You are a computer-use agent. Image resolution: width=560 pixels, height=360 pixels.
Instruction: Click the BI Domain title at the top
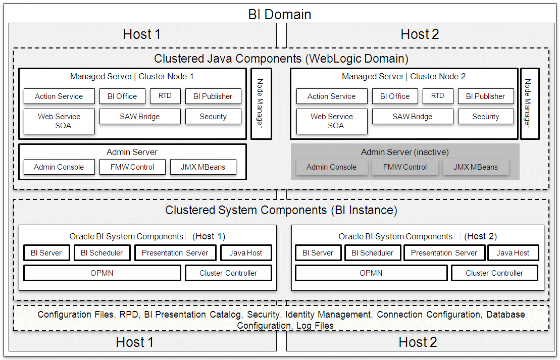coord(280,14)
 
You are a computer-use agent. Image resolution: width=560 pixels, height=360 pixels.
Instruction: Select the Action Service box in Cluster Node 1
coord(59,96)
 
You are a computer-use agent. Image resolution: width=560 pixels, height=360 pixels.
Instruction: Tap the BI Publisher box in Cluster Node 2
coord(485,96)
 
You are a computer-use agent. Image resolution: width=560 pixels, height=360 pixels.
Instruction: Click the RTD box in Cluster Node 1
coord(165,96)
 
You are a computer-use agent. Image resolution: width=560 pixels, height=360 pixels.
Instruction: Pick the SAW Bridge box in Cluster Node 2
coord(412,117)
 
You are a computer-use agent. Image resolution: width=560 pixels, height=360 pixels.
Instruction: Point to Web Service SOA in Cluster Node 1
coord(59,121)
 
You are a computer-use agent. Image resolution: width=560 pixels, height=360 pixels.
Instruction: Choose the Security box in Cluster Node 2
coord(485,117)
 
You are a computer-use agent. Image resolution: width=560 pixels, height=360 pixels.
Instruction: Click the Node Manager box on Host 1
coord(261,104)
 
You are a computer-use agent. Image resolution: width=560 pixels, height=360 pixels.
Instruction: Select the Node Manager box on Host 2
coord(529,104)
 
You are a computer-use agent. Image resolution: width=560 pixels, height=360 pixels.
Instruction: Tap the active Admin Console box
coord(59,167)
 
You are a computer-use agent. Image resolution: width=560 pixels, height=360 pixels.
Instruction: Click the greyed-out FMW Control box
coord(404,167)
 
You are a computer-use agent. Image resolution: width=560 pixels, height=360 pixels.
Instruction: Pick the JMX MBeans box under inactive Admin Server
coord(475,167)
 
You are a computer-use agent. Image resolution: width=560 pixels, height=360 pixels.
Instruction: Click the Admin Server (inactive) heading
coord(404,152)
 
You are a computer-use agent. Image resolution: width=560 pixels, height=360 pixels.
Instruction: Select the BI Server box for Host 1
coord(46,253)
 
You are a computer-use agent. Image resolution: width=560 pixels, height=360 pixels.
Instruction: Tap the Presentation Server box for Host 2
coord(444,253)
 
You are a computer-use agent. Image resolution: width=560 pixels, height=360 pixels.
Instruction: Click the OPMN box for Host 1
coord(102,273)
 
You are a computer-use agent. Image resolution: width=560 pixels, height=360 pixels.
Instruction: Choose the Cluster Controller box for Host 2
coord(494,273)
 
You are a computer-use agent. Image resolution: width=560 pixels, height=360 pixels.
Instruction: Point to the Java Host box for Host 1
coord(246,253)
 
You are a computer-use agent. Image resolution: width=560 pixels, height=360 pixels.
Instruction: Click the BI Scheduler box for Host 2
coord(372,253)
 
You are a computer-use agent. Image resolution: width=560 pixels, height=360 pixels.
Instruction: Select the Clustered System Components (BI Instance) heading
coord(281,210)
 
